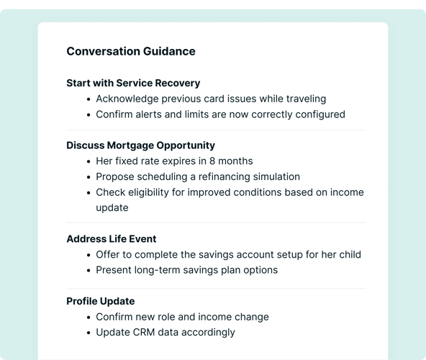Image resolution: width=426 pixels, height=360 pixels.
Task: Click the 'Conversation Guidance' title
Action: [130, 51]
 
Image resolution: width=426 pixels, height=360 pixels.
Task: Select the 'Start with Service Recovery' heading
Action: [133, 83]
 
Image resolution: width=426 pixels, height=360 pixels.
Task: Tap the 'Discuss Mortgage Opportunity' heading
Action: [140, 145]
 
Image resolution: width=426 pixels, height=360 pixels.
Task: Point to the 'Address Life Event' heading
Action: [111, 239]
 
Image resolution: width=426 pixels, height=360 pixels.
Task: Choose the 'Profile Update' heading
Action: [100, 301]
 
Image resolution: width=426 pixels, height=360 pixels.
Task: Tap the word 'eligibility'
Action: [152, 192]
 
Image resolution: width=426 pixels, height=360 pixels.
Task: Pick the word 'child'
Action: [347, 254]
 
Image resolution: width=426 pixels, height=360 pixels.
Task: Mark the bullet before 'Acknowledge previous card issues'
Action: [88, 99]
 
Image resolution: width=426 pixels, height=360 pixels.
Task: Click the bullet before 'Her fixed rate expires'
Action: [88, 161]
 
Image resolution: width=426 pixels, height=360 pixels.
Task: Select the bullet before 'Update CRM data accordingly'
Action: [88, 333]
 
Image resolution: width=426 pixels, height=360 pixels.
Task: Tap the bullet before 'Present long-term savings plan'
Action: [88, 271]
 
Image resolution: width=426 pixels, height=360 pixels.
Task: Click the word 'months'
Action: [237, 161]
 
